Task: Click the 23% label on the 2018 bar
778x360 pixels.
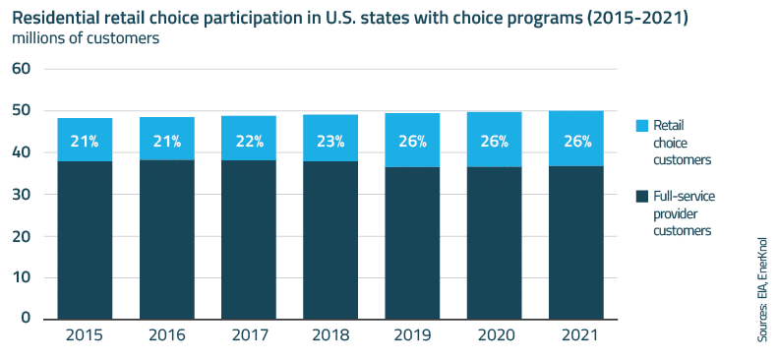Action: (331, 142)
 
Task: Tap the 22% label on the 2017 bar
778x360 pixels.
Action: (249, 142)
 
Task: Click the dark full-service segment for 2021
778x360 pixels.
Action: (575, 241)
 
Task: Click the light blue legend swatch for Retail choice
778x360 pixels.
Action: (642, 126)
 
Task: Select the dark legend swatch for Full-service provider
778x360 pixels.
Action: (642, 196)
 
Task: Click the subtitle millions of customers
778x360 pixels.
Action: (85, 39)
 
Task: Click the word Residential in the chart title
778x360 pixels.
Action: (58, 17)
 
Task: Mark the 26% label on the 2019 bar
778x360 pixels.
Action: (412, 142)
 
